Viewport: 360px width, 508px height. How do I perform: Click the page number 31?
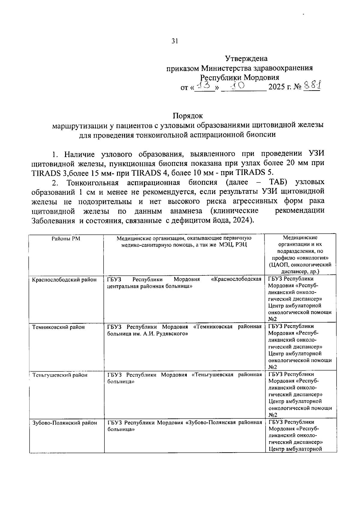pos(175,41)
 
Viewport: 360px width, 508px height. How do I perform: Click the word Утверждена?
pos(246,58)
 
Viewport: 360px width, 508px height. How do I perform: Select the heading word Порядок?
pos(188,116)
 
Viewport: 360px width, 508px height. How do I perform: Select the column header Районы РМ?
pos(66,239)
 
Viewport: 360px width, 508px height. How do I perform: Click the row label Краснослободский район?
pos(64,280)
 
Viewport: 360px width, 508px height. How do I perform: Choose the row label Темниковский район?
pos(58,327)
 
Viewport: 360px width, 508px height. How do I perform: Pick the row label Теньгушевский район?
pos(60,375)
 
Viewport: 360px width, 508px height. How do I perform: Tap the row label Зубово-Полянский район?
pos(64,423)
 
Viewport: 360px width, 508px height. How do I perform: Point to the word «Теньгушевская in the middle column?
pos(212,375)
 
